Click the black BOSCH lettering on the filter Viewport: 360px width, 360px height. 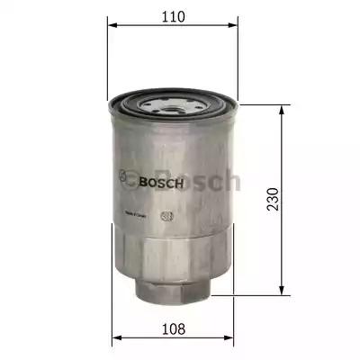point(162,184)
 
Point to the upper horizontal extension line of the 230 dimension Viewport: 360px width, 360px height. point(261,103)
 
